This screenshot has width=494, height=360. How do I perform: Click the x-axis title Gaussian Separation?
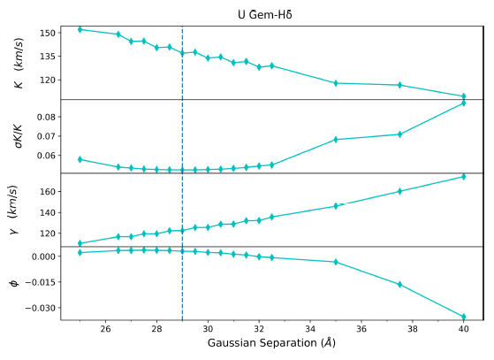click(271, 342)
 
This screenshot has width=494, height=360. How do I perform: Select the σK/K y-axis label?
click(19, 136)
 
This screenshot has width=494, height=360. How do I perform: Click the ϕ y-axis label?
click(13, 283)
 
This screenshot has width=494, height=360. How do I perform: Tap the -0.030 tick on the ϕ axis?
click(40, 308)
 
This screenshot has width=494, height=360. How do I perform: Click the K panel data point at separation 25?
click(80, 29)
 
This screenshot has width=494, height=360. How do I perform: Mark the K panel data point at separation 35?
click(336, 83)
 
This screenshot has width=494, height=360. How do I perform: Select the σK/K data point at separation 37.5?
click(399, 134)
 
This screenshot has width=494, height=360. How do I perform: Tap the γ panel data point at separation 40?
click(463, 176)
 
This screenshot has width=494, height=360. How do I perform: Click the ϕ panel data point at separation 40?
click(463, 317)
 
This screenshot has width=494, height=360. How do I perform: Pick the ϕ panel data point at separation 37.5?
click(399, 284)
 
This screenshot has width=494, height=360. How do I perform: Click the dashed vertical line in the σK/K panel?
click(182, 142)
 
